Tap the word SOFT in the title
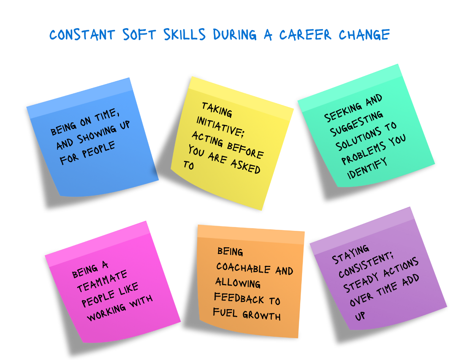pos(141,35)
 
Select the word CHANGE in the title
pos(364,35)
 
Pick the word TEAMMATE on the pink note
pos(102,281)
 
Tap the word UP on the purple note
pos(360,316)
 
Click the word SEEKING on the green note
pos(342,112)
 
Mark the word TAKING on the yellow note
pos(217,109)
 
